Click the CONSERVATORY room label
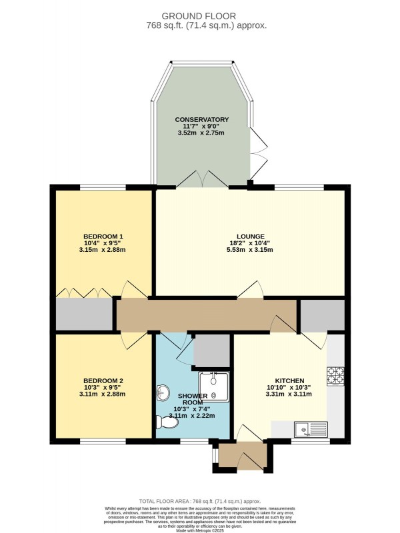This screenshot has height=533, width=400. coord(203,119)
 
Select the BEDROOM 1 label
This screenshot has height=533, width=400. coord(103,237)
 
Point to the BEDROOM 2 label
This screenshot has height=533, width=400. coord(103,380)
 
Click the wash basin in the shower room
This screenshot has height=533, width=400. coord(164,391)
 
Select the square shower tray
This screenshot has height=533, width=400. coord(214,387)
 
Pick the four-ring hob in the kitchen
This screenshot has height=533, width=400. coord(335,376)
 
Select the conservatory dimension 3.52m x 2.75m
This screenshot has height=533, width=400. coord(203,133)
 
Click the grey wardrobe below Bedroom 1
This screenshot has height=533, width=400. coord(84,314)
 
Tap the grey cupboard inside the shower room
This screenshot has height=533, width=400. coord(211,350)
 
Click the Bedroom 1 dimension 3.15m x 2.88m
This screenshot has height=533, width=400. coord(103,250)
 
